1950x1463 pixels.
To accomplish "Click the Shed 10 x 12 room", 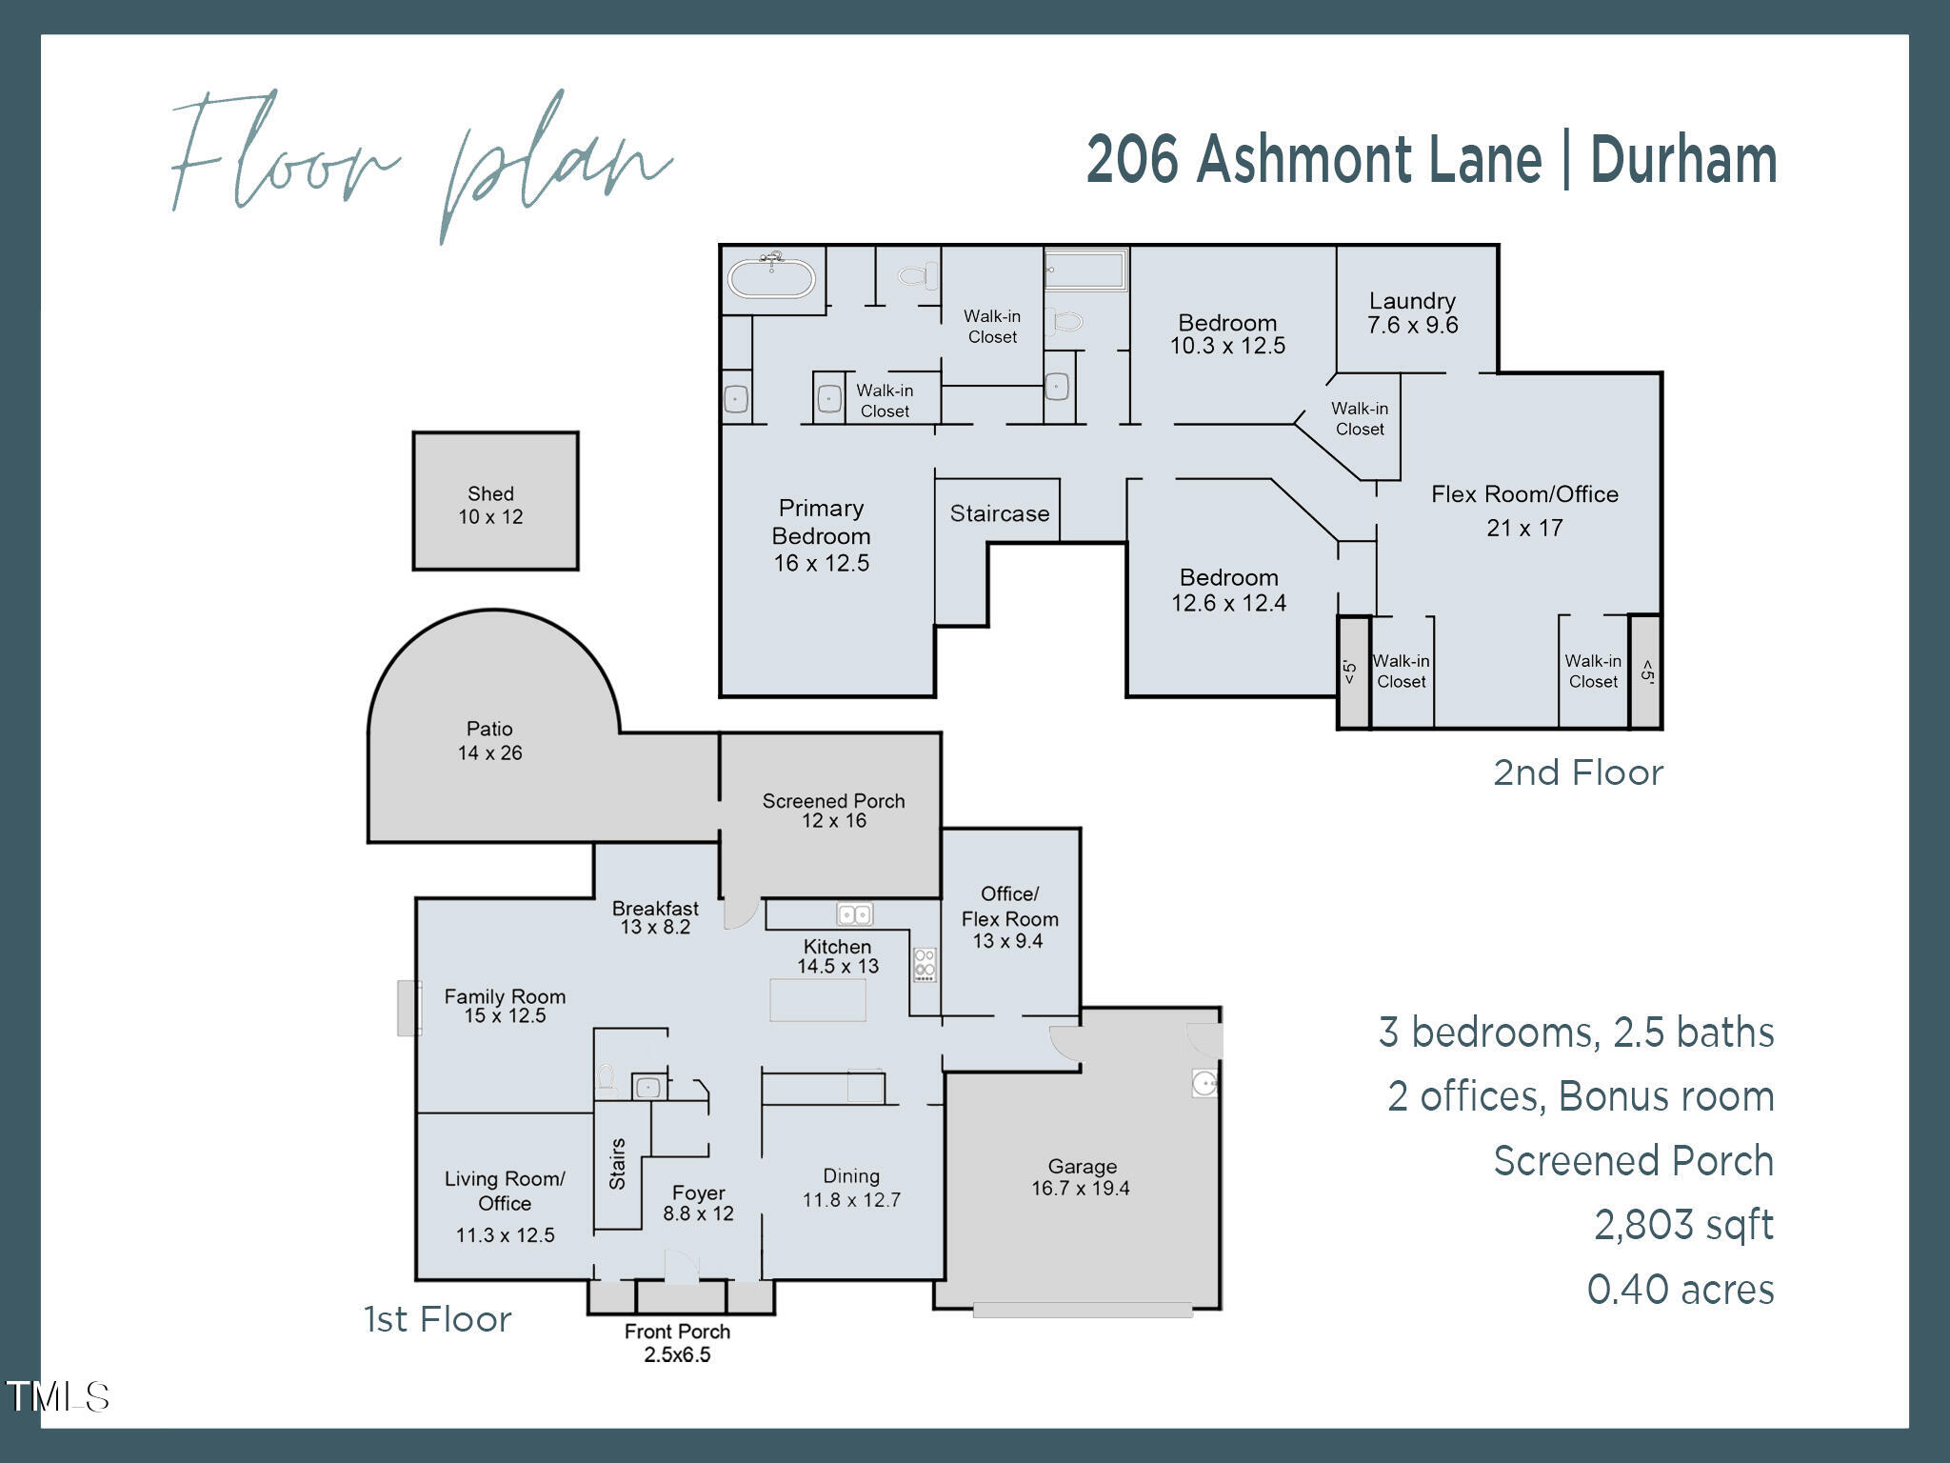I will tap(494, 502).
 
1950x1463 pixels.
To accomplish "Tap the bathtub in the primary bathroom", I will tap(771, 279).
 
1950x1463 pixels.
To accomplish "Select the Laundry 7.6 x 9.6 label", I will tap(1412, 313).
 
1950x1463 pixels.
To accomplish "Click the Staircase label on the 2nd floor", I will tap(999, 513).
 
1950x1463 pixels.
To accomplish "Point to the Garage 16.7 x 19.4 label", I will tap(1081, 1177).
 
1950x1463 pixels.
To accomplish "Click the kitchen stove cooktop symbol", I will tap(925, 964).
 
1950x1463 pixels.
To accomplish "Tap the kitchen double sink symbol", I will tap(854, 914).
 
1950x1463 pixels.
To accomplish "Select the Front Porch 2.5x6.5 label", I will tap(677, 1343).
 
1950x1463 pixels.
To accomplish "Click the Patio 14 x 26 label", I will tap(489, 741).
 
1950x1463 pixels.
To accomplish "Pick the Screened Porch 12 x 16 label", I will tap(833, 811).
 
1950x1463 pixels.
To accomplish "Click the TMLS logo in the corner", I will tap(58, 1397).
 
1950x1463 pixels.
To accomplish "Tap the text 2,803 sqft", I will tap(1683, 1225).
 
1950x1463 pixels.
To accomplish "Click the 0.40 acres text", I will tap(1680, 1290).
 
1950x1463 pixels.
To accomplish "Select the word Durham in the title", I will tap(1683, 159).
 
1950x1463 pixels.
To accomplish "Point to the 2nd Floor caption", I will tap(1578, 772).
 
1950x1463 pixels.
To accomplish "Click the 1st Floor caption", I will tap(438, 1319).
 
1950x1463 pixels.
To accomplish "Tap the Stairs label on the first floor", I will tap(617, 1164).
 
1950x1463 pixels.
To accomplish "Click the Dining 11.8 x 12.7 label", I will tap(851, 1188).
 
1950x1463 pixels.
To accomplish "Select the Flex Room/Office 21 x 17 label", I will tap(1524, 511).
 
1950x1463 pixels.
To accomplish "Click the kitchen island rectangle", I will tap(817, 1000).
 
